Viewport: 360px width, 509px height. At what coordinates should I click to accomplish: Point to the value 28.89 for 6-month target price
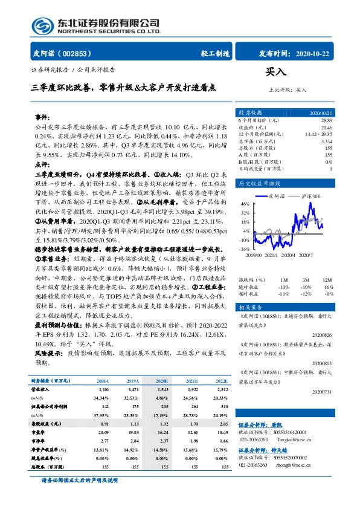(x=326, y=122)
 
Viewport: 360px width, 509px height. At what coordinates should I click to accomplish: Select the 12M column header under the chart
(x=327, y=280)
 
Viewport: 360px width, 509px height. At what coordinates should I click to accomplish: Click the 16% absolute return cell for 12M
(x=328, y=287)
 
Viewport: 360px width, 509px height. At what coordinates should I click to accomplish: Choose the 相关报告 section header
(x=249, y=307)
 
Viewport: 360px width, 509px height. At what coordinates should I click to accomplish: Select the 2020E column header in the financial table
(x=162, y=381)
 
